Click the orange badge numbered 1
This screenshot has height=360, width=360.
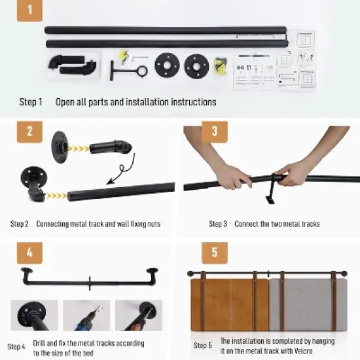[x=29, y=10]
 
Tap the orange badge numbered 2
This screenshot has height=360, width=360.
[x=29, y=132]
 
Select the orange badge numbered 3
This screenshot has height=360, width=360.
[x=215, y=132]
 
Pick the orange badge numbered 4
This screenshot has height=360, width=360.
[x=29, y=253]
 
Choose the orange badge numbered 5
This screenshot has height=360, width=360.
[x=215, y=253]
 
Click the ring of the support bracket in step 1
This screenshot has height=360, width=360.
[x=138, y=71]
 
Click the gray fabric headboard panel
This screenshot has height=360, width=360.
[x=308, y=305]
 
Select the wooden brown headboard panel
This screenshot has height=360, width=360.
[x=230, y=305]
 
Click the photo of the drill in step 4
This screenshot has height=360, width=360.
[x=86, y=315]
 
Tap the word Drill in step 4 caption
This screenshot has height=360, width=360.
[x=39, y=343]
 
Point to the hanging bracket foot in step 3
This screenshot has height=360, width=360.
[x=270, y=200]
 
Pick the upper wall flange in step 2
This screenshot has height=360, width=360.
[x=59, y=147]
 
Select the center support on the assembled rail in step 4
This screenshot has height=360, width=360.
[x=90, y=283]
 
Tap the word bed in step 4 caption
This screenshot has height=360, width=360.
[x=88, y=353]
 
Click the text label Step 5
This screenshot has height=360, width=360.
[x=202, y=346]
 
